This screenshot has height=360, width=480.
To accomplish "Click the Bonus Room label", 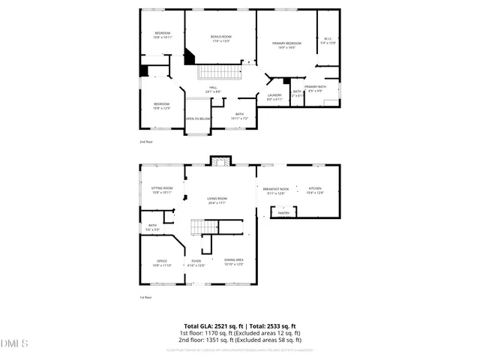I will (x=220, y=37).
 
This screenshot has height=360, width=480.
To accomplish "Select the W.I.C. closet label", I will (x=328, y=40).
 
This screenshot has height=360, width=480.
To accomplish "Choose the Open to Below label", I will (x=198, y=118).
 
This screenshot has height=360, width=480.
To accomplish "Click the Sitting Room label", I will (x=162, y=189).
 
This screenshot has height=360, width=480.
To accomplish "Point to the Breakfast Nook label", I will (x=276, y=190).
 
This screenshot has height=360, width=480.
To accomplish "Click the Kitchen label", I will (x=315, y=190).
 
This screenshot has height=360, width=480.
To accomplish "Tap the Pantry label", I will (x=283, y=213).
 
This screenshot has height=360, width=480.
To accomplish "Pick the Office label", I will (x=162, y=262).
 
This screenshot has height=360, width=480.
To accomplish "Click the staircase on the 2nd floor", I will (x=219, y=72).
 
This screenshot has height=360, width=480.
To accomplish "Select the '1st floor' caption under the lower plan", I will (x=145, y=298).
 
